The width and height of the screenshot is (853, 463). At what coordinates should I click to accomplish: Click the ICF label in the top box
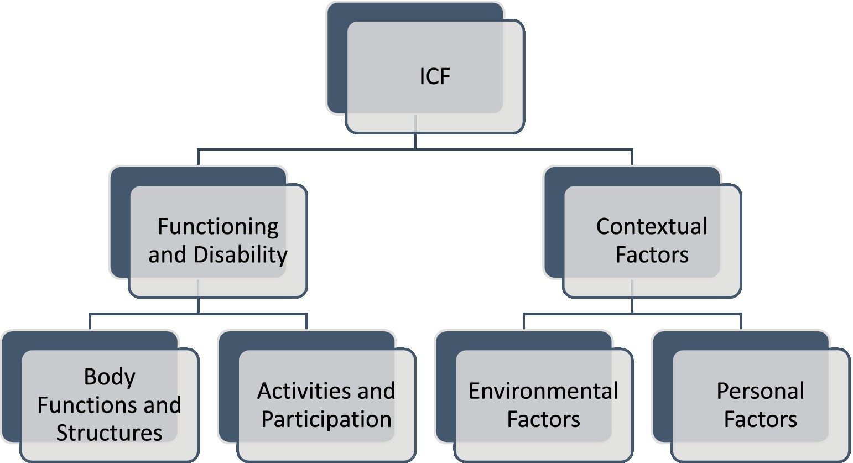pos(435,76)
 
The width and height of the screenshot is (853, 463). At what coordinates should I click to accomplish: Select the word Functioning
pos(218,227)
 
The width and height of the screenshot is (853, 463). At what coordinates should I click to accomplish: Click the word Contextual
pos(652,227)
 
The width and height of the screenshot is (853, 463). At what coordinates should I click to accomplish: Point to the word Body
pos(110,377)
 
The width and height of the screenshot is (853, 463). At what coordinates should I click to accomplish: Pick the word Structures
pos(110,433)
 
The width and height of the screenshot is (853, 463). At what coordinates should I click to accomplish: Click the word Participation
pos(326,420)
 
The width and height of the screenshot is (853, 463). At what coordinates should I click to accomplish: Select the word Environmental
pos(543,392)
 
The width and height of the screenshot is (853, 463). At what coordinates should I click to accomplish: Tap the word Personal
pos(760,392)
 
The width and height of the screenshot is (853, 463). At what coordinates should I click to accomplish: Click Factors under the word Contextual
pos(652,255)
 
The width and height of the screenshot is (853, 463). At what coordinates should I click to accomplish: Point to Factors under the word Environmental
pos(543,420)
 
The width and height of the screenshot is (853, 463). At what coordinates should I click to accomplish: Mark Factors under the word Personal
pos(760,420)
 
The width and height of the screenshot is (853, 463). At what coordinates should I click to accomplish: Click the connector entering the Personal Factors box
pos(741,322)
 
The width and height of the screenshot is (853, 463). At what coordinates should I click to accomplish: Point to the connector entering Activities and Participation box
pos(306,322)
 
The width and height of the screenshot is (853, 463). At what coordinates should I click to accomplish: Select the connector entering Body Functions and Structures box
pos(90,322)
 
